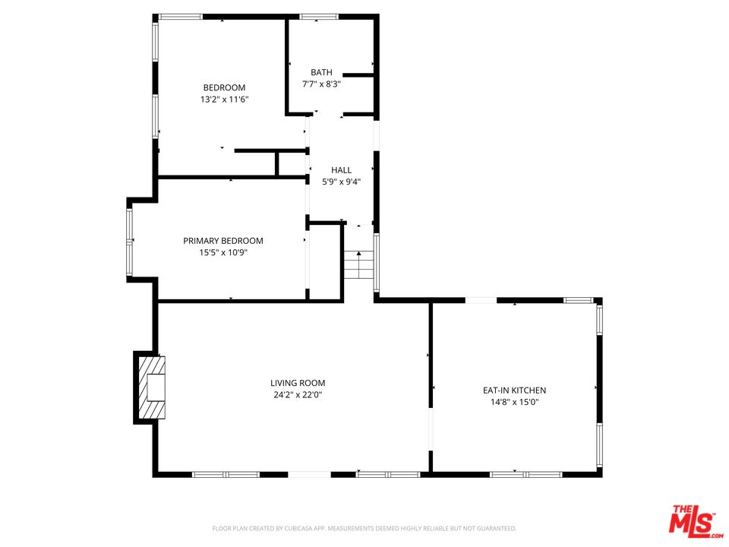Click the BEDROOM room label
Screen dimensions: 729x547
224,87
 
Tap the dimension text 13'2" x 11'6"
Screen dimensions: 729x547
225,99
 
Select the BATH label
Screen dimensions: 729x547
321,72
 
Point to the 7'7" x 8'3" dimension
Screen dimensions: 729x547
321,84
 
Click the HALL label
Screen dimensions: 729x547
341,170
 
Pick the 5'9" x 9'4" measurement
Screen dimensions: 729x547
341,182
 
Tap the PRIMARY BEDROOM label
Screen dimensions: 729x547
223,241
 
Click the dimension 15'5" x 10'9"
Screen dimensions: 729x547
223,252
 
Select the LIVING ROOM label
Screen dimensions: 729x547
298,383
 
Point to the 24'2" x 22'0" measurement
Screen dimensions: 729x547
298,395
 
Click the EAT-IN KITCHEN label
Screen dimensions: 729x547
514,390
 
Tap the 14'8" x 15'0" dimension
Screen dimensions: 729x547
514,402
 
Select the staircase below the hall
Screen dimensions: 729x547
358,264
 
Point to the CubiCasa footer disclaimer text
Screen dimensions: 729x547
364,529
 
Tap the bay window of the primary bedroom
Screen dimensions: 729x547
129,241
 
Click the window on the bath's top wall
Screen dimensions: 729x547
318,17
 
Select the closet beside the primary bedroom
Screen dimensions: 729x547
326,262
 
